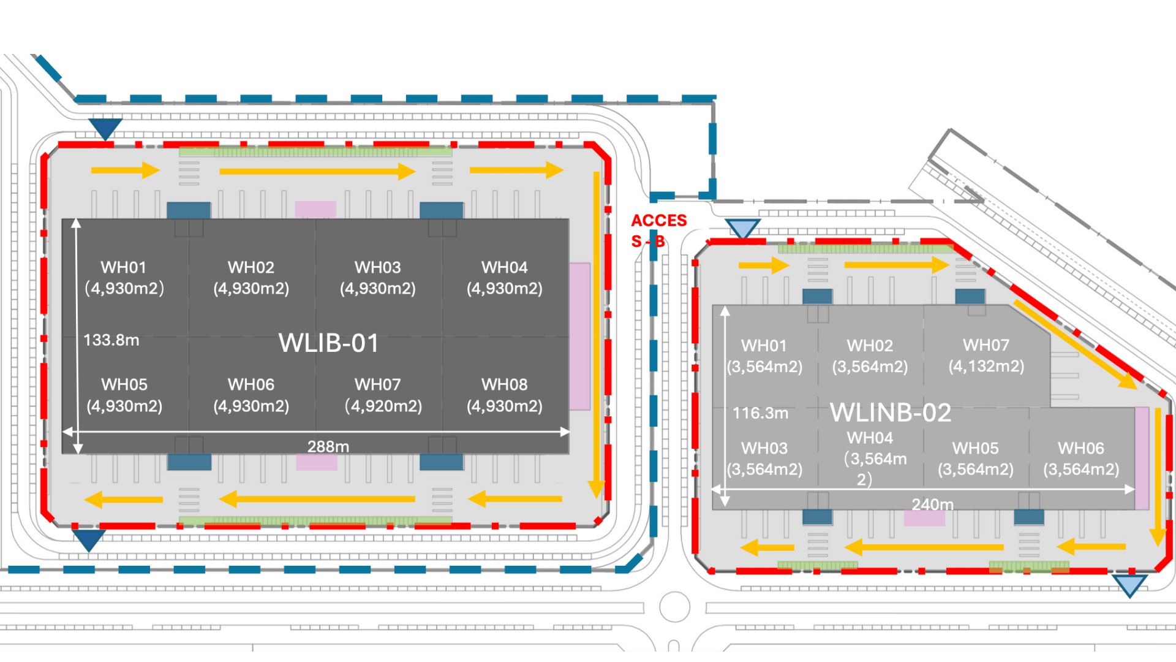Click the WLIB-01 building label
[329, 343]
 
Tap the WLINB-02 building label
[890, 413]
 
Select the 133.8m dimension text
[111, 340]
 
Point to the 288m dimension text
[328, 446]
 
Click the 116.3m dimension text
[760, 413]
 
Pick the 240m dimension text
[932, 504]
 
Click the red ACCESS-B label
[658, 230]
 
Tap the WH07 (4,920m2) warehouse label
[382, 395]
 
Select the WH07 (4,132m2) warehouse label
[986, 356]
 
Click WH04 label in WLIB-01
[505, 278]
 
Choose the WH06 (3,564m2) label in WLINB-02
[1081, 458]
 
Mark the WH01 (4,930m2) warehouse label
[124, 278]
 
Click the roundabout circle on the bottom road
[675, 607]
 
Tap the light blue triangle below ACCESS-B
[742, 228]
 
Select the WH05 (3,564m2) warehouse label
[976, 458]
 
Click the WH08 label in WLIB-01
[505, 395]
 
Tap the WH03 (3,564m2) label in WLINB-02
[764, 458]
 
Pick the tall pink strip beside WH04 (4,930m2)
[579, 337]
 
